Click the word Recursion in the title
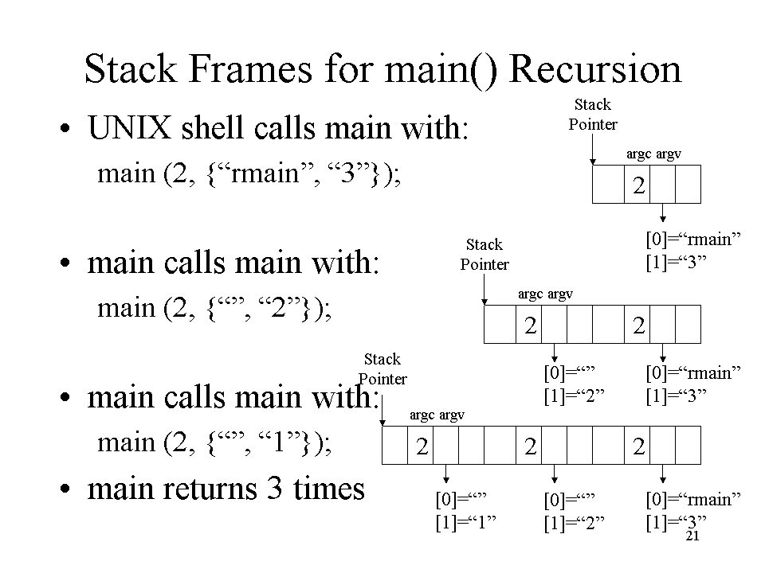[594, 69]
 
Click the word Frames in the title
[249, 69]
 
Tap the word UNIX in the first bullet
[130, 128]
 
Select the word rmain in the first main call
[265, 173]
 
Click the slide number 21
[692, 536]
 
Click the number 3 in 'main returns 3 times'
[275, 487]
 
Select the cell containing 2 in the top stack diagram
[637, 184]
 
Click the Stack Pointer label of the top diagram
[593, 115]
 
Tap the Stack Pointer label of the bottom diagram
[382, 368]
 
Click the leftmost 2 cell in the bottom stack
[421, 446]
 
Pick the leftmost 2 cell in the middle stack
[529, 325]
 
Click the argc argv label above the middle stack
[545, 294]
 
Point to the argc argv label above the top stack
[653, 154]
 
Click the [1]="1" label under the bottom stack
[466, 523]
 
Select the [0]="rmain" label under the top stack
[693, 240]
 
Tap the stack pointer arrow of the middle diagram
[484, 290]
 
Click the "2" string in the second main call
[278, 308]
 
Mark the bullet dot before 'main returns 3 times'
[65, 489]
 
